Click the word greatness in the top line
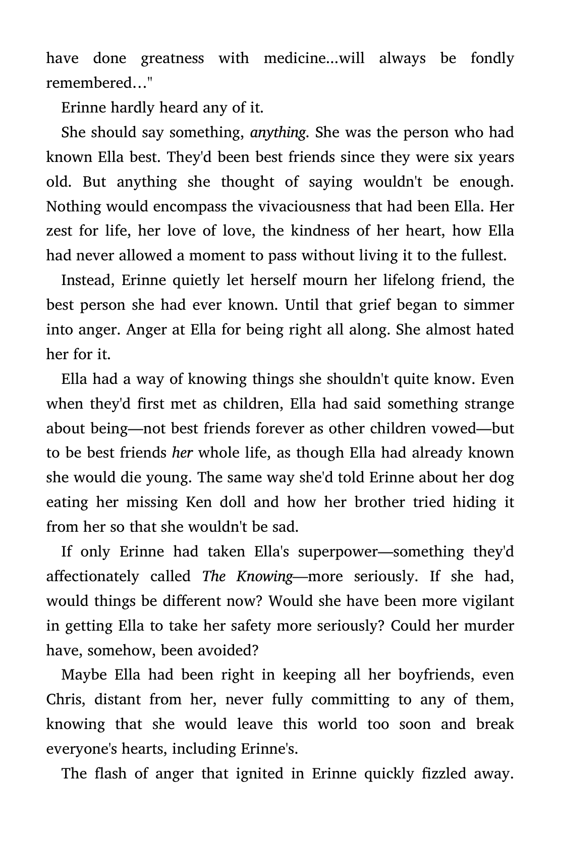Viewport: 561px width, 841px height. pyautogui.click(x=172, y=59)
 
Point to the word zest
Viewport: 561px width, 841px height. pyautogui.click(x=59, y=232)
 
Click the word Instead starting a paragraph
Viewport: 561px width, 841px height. pyautogui.click(x=87, y=281)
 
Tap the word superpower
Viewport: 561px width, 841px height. pyautogui.click(x=338, y=552)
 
